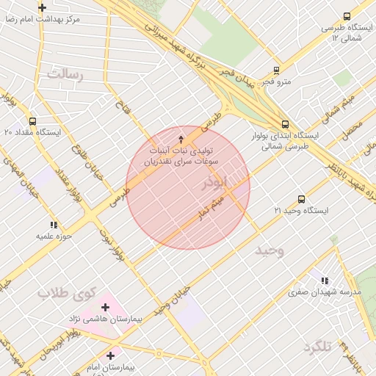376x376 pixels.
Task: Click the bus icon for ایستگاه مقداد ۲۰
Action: [32, 121]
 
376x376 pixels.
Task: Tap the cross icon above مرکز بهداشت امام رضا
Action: [43, 7]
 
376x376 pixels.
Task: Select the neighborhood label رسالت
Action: [65, 74]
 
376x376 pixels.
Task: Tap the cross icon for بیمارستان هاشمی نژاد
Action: [106, 307]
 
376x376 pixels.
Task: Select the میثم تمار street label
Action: [213, 206]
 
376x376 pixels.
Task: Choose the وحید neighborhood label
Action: [269, 251]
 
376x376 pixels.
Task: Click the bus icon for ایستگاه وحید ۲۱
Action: [301, 199]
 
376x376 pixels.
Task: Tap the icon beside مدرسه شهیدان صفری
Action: [325, 280]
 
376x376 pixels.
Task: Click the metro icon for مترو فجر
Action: [276, 70]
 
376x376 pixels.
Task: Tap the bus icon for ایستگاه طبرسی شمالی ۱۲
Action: [347, 16]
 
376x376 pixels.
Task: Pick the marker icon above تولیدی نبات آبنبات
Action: [182, 140]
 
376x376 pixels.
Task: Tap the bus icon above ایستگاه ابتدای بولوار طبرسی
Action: [285, 124]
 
